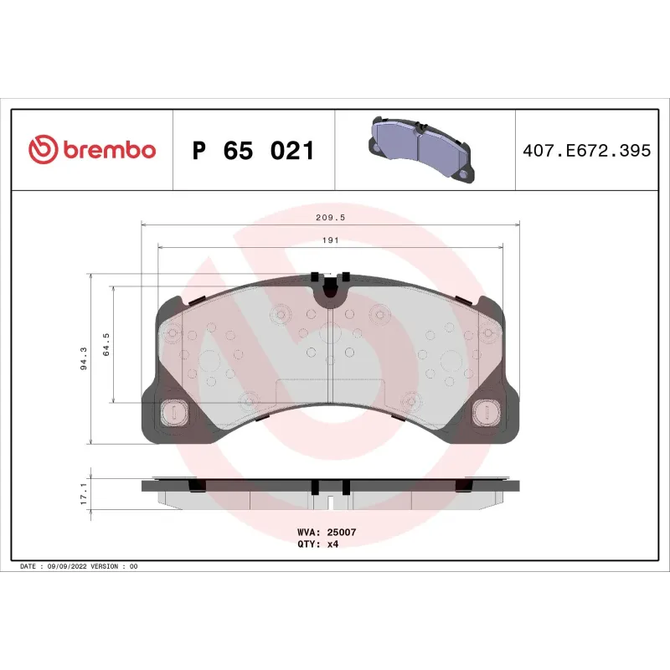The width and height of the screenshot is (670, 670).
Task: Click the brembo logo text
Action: pos(107,151)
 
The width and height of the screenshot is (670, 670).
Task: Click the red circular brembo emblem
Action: pos(43,151)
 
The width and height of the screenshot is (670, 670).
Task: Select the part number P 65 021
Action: pos(253,152)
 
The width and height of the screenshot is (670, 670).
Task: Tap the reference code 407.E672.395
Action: pos(585,152)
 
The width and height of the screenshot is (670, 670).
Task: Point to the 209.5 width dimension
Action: pos(330,217)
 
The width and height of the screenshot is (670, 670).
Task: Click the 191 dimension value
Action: pos(330,240)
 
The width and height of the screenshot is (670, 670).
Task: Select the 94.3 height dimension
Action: pos(83,358)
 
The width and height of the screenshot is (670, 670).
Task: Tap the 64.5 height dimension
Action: pos(106,344)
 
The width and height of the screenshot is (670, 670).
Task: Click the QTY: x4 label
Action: pos(318,544)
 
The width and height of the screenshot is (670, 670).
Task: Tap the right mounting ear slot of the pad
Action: pos(484,412)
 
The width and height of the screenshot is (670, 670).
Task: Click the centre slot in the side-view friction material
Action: pos(330,503)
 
